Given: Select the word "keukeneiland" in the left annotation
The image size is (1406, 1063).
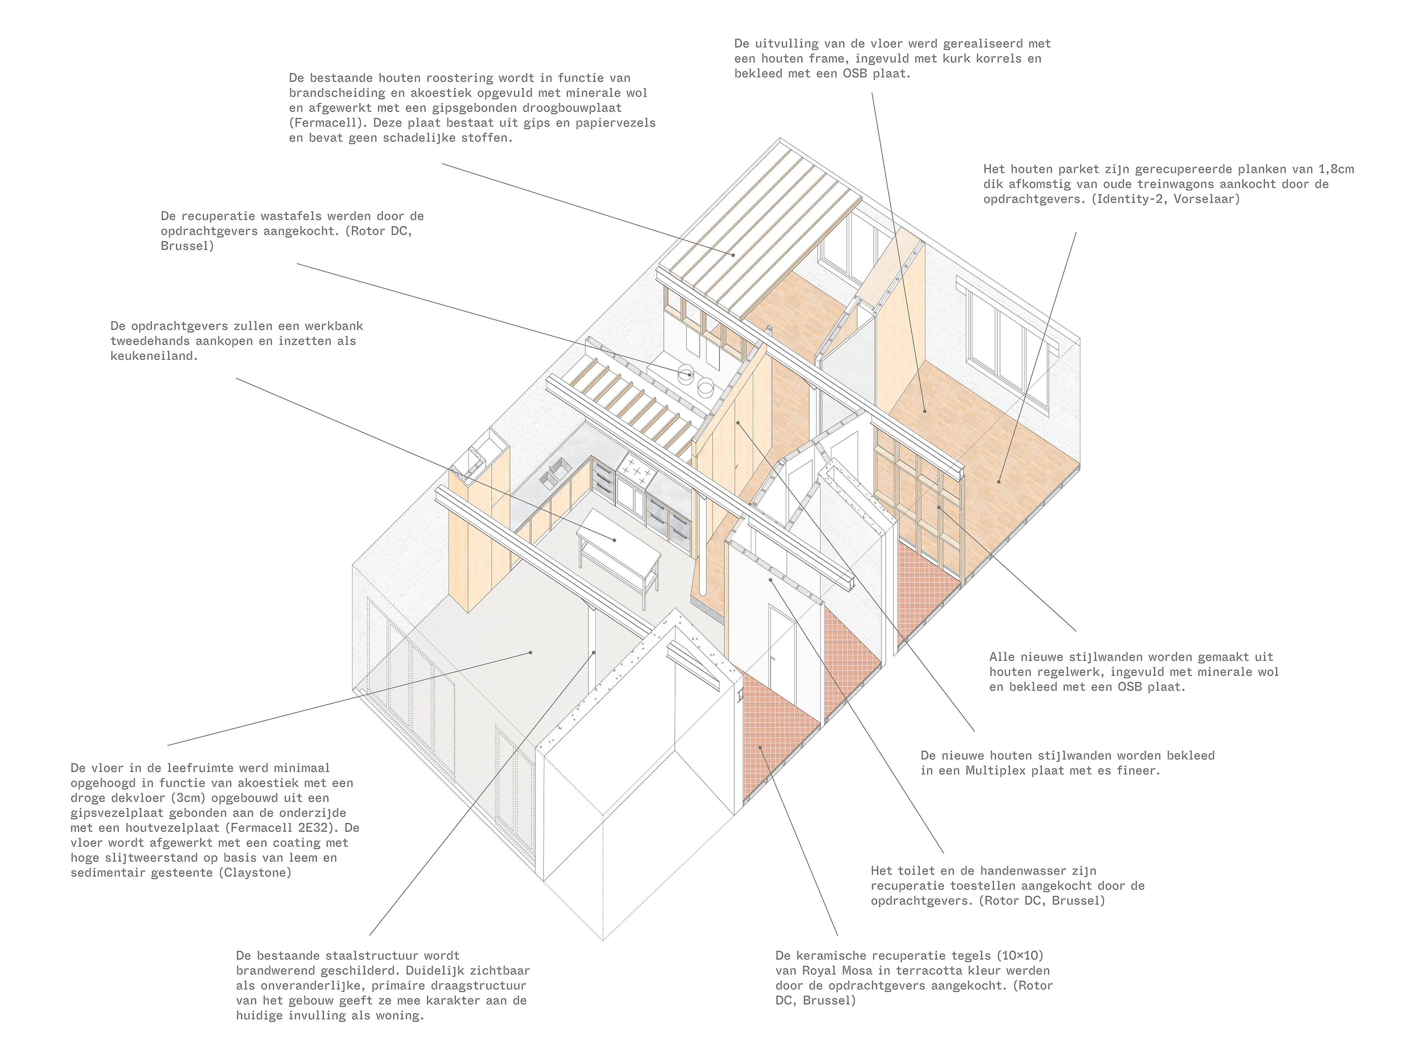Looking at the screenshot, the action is [x=153, y=356].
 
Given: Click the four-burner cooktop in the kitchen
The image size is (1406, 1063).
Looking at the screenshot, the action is [x=637, y=471].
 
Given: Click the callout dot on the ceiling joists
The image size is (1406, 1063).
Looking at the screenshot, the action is [x=733, y=255].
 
